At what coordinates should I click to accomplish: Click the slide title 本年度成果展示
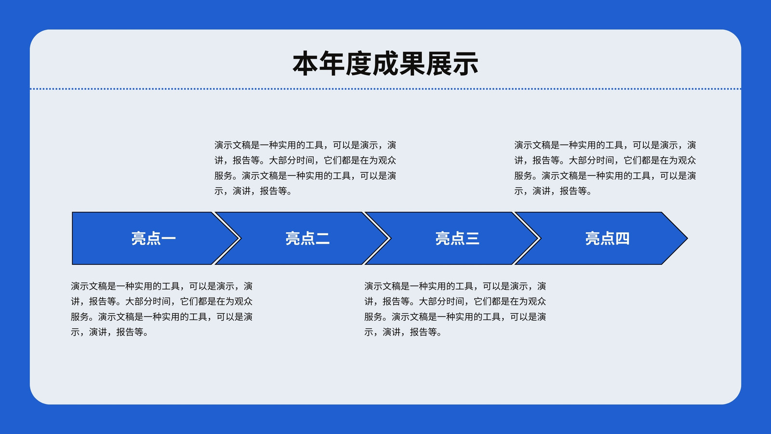point(385,63)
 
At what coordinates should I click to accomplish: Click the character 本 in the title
point(306,63)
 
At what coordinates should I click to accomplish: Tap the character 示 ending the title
point(465,63)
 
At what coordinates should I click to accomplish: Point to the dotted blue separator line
point(385,89)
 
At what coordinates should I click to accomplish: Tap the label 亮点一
point(154,238)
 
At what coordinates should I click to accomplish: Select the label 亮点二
point(307,238)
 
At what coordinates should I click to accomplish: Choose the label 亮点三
point(457,238)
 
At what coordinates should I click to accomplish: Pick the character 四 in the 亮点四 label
point(622,238)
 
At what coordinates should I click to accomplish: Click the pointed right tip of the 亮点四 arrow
point(687,238)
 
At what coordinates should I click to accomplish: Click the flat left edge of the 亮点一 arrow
point(72,238)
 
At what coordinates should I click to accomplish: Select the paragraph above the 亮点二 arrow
point(305,168)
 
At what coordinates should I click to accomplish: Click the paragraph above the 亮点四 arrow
point(605,168)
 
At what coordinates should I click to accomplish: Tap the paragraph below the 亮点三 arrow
point(455,309)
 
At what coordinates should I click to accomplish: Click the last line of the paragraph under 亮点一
point(110,332)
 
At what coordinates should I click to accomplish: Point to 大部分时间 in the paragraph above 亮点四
point(591,160)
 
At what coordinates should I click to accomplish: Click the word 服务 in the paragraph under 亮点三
point(373,316)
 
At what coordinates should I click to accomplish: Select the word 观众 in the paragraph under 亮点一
point(243,301)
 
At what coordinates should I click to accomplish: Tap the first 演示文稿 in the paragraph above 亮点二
point(232,145)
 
